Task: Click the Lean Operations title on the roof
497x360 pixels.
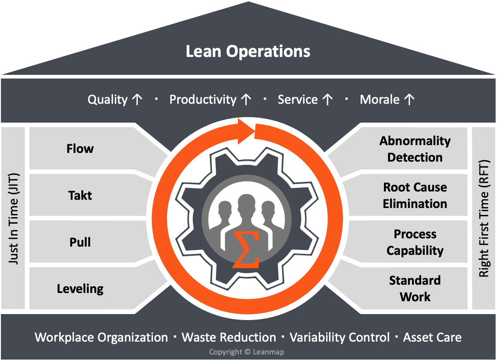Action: click(248, 51)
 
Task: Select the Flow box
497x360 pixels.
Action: click(80, 149)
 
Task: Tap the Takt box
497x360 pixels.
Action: click(80, 196)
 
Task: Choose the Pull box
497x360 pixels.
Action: click(80, 242)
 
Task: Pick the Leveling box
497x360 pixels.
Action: click(80, 289)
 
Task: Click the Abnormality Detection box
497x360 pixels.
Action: click(415, 149)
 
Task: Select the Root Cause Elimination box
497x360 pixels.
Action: click(415, 196)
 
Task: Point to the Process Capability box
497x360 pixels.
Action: click(415, 242)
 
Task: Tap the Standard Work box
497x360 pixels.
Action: click(415, 289)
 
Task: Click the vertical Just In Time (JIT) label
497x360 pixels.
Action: click(14, 218)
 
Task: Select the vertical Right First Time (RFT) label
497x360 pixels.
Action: click(484, 218)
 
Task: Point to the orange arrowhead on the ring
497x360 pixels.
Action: click(248, 131)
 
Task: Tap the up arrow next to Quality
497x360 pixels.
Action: click(137, 100)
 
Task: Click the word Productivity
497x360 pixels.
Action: click(203, 100)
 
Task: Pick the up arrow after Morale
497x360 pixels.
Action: click(409, 100)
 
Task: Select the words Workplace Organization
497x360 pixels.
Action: click(102, 337)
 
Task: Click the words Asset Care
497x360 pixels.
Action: click(432, 337)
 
